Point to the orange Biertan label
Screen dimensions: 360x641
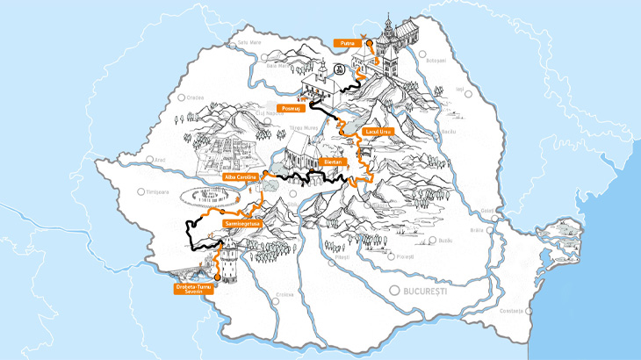click(x=332, y=162)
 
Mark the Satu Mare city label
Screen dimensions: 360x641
click(x=249, y=40)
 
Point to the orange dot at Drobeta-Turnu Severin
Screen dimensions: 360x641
click(x=218, y=276)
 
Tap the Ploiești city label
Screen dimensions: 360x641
click(x=404, y=256)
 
